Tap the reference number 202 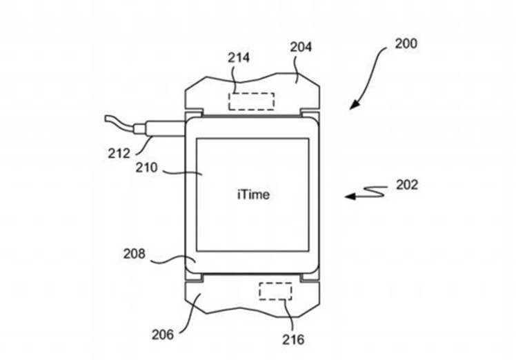point(407,185)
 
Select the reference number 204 point(301,47)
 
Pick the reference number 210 point(148,168)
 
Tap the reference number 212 point(118,153)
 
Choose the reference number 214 point(239,59)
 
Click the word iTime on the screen point(252,194)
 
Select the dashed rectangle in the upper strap point(252,100)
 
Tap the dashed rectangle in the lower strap point(275,291)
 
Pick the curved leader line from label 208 point(169,260)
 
